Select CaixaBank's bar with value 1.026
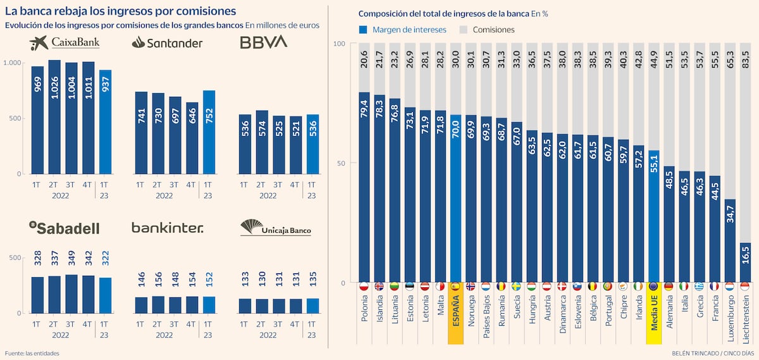tap(54, 117)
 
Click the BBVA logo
tap(263, 42)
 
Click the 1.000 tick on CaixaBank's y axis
tap(13, 63)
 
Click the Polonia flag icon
tap(364, 286)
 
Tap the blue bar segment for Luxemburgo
tap(729, 240)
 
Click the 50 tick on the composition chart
tap(340, 163)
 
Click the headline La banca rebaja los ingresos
tap(120, 11)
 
